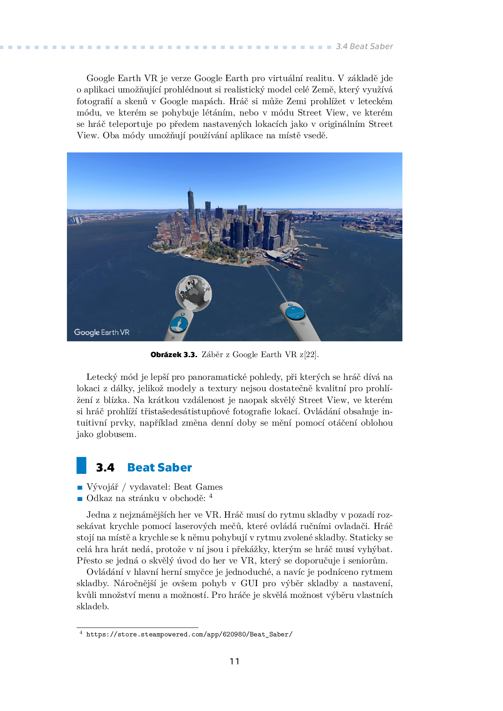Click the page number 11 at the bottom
[234, 662]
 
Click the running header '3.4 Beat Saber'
[364, 47]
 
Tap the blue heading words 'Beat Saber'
[159, 467]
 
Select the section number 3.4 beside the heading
[105, 468]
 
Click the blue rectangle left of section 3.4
[82, 465]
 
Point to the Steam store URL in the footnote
[189, 634]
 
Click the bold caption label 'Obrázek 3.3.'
[174, 355]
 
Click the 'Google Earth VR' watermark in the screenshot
[102, 332]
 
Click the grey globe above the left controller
[193, 293]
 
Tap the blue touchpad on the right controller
[294, 313]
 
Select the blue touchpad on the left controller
[178, 324]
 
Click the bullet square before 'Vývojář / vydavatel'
[80, 488]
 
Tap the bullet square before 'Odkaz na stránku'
[80, 499]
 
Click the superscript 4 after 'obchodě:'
[211, 496]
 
